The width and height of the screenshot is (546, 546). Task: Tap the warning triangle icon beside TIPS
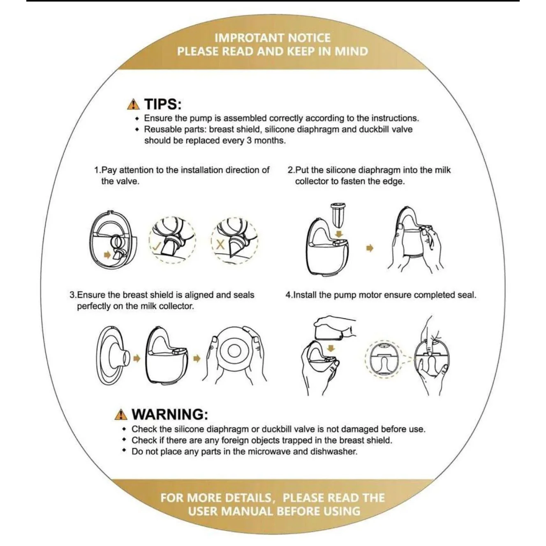tap(133, 105)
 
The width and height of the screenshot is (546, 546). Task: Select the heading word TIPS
tap(163, 104)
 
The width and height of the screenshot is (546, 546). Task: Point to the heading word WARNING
tap(170, 414)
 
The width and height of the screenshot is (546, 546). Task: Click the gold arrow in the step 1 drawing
tap(107, 255)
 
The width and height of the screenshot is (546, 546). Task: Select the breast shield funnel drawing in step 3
tap(113, 358)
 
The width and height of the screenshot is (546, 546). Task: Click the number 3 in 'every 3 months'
tap(249, 141)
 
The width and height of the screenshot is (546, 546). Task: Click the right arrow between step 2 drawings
tap(370, 248)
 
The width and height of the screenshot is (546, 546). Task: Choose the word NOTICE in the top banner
tap(309, 38)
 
